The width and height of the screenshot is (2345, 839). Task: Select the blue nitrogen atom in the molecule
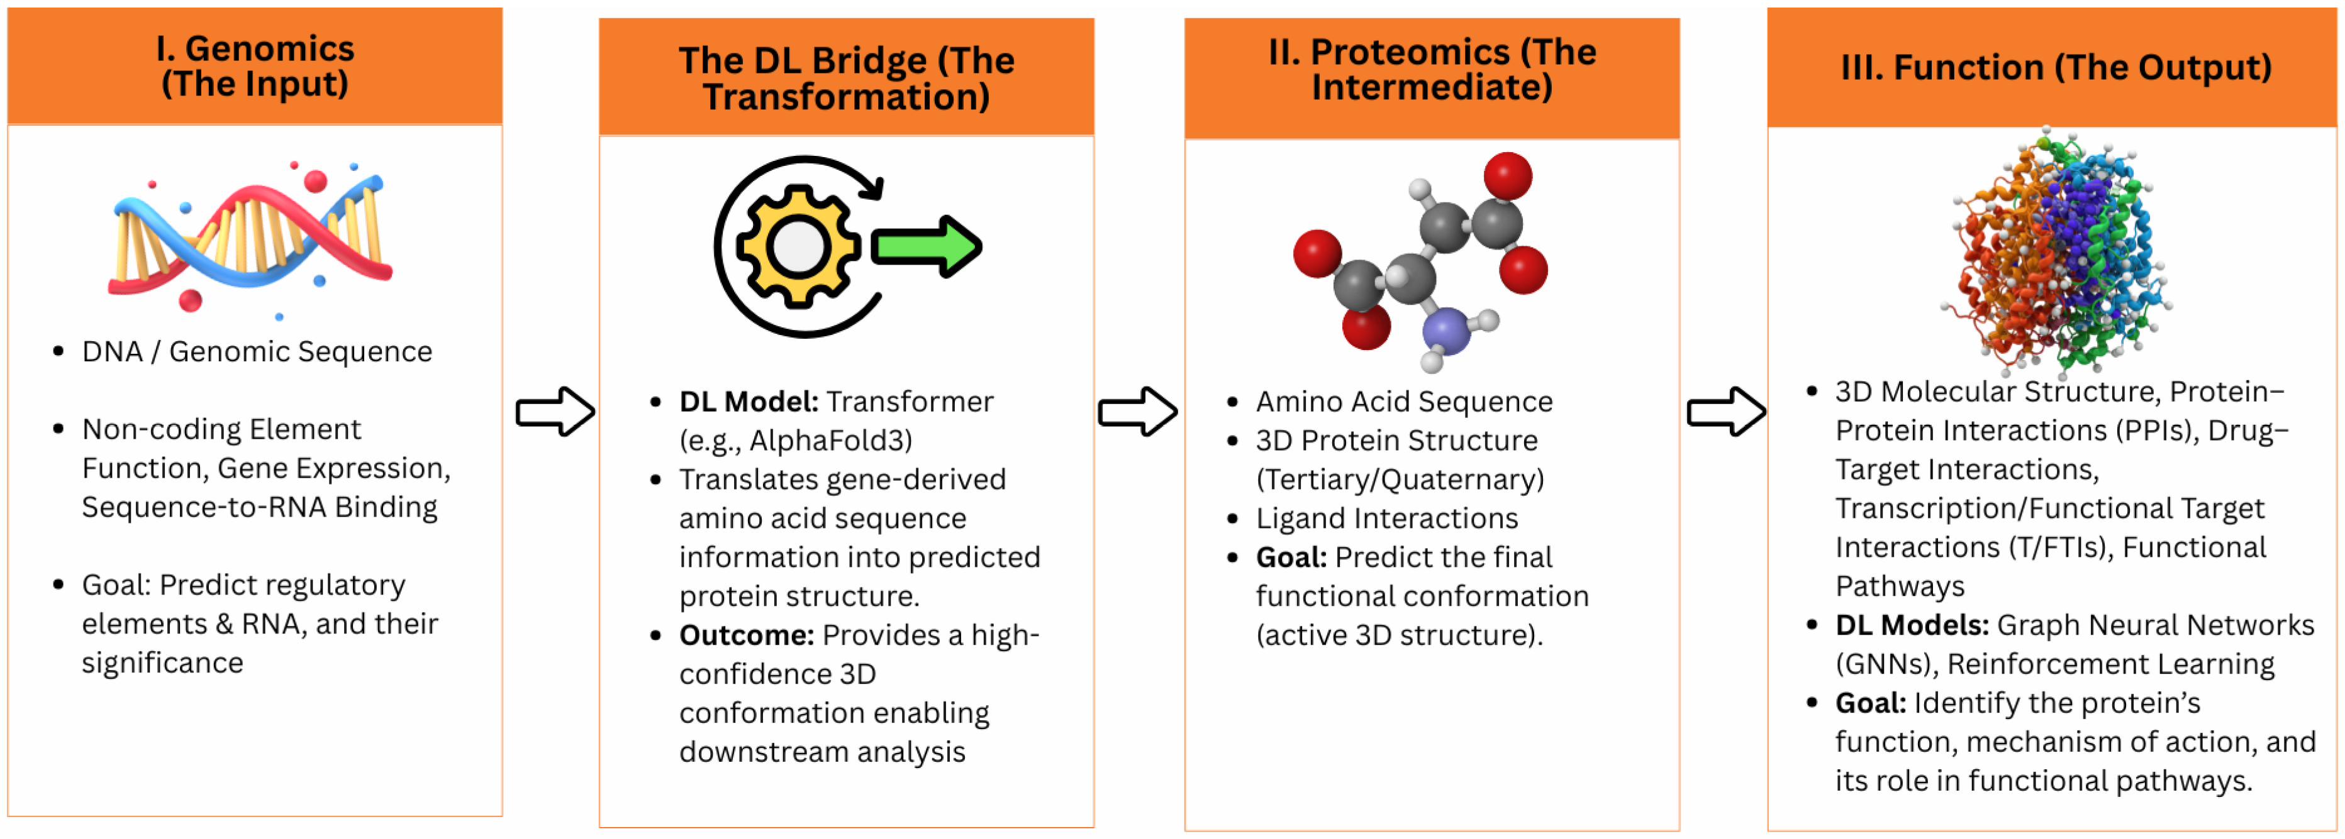pyautogui.click(x=1445, y=331)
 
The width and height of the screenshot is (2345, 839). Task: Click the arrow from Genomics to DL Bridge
pyautogui.click(x=554, y=412)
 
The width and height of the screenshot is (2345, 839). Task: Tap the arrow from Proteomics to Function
pyautogui.click(x=1725, y=412)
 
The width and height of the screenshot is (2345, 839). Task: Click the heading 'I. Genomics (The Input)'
pyautogui.click(x=255, y=65)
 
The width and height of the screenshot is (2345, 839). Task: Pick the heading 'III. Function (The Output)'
pyautogui.click(x=2056, y=67)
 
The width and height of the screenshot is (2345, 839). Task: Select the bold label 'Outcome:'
pyautogui.click(x=747, y=635)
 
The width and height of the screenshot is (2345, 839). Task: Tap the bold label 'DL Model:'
pyautogui.click(x=749, y=402)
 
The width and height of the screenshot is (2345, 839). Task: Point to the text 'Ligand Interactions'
pyautogui.click(x=1386, y=518)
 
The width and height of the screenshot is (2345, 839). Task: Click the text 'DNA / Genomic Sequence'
pyautogui.click(x=257, y=351)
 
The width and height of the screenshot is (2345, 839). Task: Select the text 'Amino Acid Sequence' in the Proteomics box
pyautogui.click(x=1404, y=402)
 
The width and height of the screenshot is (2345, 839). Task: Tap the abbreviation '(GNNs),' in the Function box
pyautogui.click(x=1886, y=664)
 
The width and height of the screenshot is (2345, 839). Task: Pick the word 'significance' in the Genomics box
pyautogui.click(x=162, y=662)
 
